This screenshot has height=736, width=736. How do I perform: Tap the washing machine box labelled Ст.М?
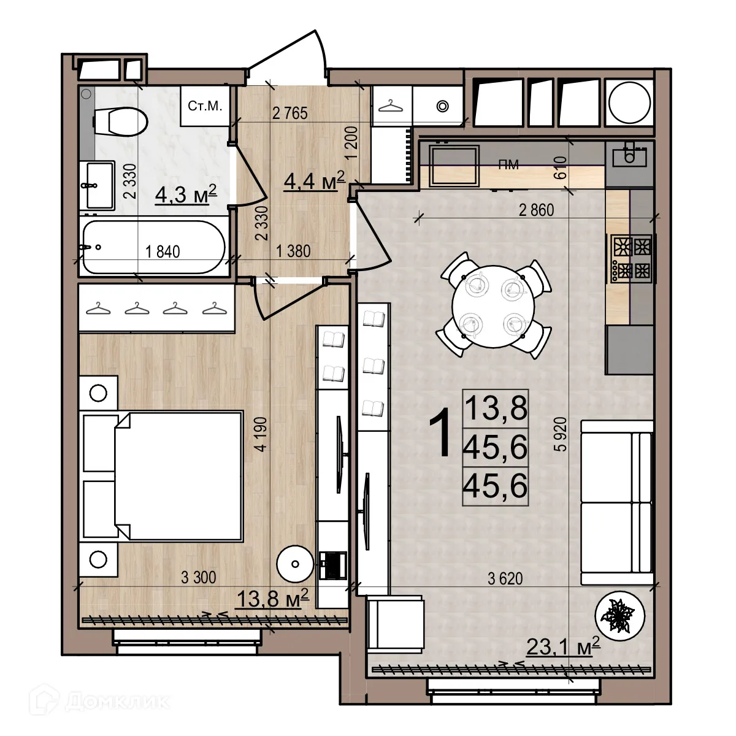205,107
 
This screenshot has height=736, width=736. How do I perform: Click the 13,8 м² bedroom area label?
272,597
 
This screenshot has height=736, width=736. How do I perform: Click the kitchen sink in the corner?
630,156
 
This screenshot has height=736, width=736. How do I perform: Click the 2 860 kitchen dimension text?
535,210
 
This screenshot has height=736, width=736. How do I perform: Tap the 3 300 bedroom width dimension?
199,577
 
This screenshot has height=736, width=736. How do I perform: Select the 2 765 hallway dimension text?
289,113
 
